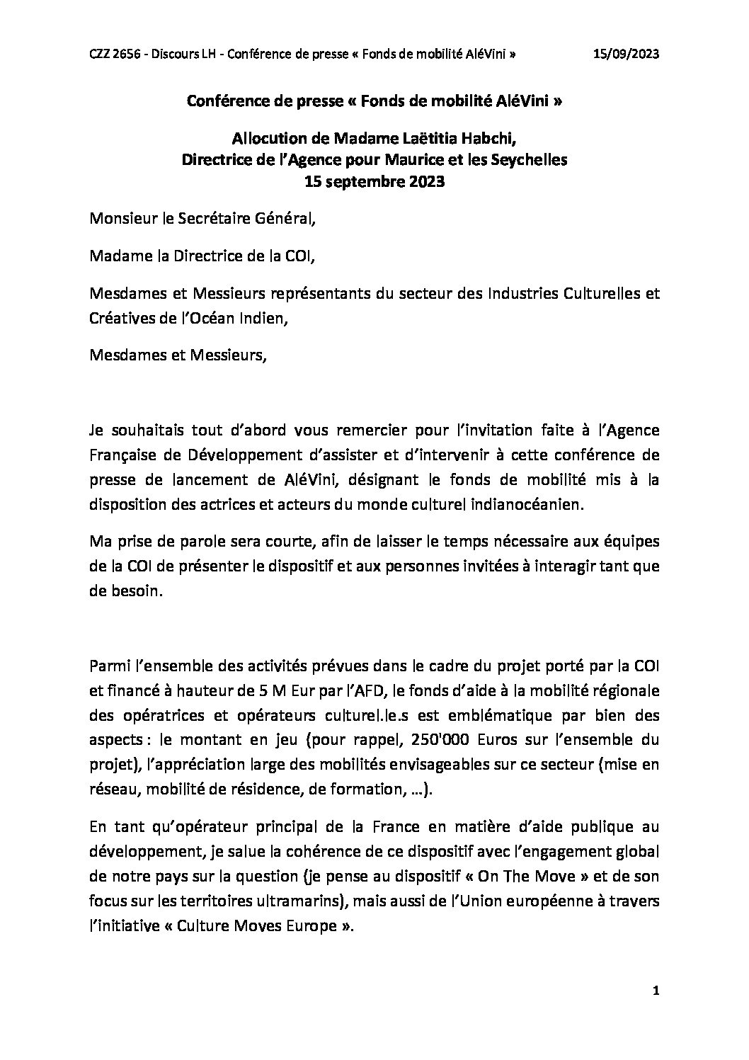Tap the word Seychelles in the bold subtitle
point(527,160)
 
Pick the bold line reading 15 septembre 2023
point(374,181)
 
